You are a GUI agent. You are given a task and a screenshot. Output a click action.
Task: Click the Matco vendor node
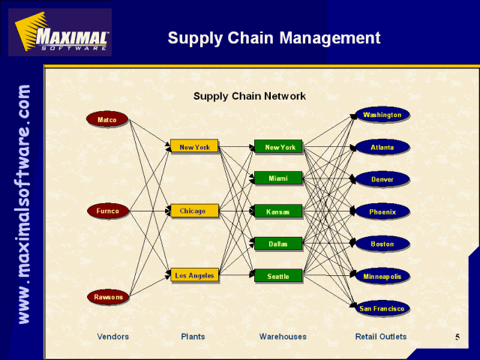(x=107, y=119)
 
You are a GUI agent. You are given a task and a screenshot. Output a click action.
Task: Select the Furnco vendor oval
(x=108, y=211)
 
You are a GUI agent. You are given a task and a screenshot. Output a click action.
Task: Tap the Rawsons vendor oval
(x=108, y=297)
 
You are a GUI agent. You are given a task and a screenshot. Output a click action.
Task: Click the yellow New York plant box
(x=194, y=146)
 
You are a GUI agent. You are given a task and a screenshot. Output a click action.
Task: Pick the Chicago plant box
(x=194, y=211)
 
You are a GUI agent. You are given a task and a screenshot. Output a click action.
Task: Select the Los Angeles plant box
(x=194, y=274)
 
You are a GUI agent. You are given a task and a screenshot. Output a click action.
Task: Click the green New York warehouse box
(x=278, y=147)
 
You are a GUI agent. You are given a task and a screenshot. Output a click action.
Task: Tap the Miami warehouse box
(x=278, y=178)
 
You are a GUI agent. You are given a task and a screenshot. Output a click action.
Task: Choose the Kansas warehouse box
(x=278, y=211)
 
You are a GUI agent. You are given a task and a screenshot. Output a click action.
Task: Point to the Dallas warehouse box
(x=278, y=244)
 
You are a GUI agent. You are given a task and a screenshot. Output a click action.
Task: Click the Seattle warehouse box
(x=278, y=276)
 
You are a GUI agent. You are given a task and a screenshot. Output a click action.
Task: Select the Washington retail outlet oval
(x=382, y=115)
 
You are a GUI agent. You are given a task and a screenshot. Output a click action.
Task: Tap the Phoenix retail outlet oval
(x=382, y=211)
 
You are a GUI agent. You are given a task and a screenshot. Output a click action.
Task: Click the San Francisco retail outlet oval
(x=382, y=308)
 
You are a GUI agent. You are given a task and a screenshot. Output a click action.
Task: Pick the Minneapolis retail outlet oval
(x=382, y=276)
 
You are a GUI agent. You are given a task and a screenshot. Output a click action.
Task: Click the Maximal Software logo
(x=60, y=32)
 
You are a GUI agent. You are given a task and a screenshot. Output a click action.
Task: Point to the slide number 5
(x=457, y=337)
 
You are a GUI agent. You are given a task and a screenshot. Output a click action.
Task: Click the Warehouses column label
(x=283, y=337)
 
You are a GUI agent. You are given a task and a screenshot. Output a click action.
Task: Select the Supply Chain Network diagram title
(x=250, y=96)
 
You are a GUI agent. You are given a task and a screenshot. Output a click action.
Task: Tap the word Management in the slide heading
(x=330, y=38)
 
